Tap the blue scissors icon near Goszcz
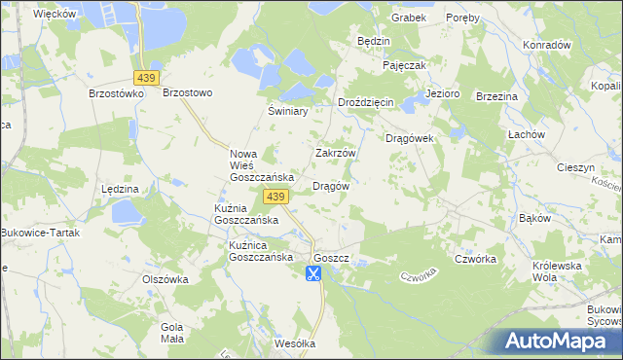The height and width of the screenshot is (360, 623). (x=313, y=273)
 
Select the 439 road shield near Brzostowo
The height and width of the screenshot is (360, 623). (x=147, y=77)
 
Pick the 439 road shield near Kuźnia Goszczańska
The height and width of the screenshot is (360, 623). (x=275, y=198)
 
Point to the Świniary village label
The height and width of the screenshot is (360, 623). (x=288, y=112)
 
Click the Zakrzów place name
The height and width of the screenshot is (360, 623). (x=336, y=154)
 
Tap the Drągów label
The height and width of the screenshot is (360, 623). (x=330, y=185)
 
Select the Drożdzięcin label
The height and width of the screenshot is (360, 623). (x=365, y=102)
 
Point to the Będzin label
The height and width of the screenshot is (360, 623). (x=374, y=42)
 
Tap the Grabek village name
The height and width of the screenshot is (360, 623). (x=409, y=18)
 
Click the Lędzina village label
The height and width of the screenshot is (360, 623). (x=120, y=188)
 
